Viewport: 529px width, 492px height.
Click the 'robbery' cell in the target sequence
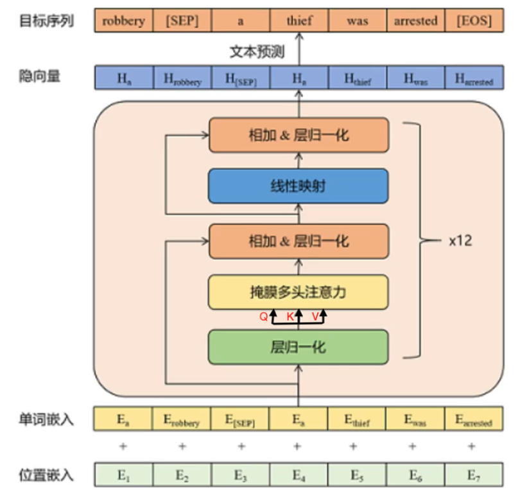[123, 21]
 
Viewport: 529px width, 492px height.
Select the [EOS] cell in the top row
[474, 21]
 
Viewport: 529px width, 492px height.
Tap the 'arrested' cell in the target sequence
[415, 21]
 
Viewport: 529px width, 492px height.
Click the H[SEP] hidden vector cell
[240, 78]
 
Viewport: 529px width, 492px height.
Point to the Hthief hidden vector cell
[357, 78]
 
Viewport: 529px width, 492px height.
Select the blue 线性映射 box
[299, 186]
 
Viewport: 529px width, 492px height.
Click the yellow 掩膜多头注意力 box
[299, 292]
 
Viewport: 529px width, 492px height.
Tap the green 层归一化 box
[299, 347]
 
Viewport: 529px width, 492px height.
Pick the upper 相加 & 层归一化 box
[299, 135]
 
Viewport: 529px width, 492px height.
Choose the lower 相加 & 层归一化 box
[299, 242]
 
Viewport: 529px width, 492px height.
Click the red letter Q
[263, 317]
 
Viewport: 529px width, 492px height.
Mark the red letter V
[315, 317]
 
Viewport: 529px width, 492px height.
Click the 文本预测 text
[257, 50]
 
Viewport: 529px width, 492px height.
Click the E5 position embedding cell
[357, 475]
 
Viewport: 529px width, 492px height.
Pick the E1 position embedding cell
[123, 475]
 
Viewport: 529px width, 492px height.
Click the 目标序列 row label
[46, 21]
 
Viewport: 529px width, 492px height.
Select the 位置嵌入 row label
[46, 475]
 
